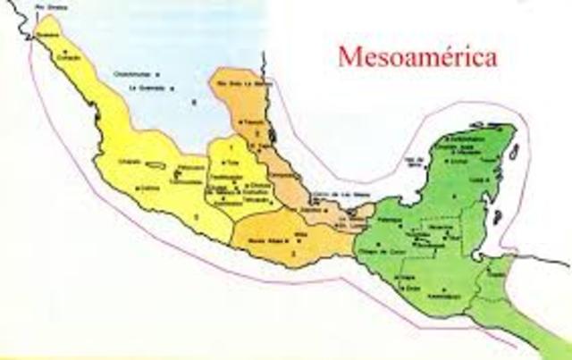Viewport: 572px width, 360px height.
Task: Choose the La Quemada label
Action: tap(147, 88)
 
